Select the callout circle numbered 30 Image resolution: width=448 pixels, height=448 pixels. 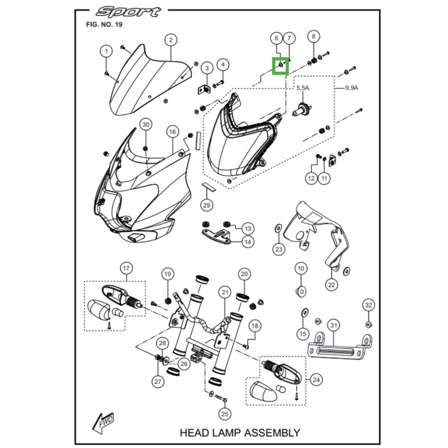coord(146,124)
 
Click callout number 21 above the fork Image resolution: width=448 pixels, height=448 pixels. coord(225,292)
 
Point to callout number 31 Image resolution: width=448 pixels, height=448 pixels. coord(334,325)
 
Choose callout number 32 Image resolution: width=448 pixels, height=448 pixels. coord(368,305)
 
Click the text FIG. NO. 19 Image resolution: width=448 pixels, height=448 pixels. coord(104,25)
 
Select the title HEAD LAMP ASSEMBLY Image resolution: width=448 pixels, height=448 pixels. coord(240,432)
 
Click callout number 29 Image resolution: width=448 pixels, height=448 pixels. coord(207,206)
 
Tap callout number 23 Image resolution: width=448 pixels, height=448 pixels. coord(279,249)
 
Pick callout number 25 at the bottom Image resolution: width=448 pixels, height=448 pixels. coord(225,414)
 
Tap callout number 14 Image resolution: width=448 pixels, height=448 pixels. coord(248,242)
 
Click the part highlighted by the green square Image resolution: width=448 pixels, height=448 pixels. coord(281,66)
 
